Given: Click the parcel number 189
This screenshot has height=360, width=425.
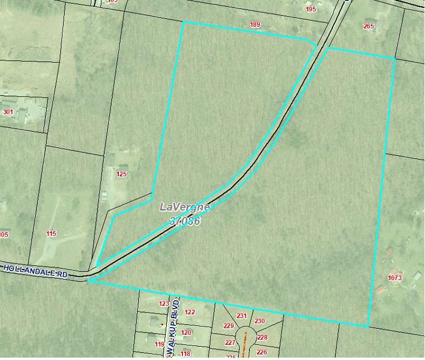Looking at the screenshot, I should (x=255, y=25).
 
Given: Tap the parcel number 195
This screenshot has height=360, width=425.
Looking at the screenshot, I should (x=311, y=9).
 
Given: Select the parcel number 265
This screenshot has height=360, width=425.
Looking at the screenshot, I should (x=369, y=26).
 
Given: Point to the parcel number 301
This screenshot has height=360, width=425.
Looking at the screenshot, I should (x=8, y=112).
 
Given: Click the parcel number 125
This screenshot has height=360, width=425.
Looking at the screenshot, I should (x=122, y=174).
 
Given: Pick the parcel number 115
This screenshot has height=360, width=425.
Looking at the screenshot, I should (x=51, y=233).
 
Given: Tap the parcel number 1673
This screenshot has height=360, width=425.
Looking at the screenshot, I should (x=394, y=277).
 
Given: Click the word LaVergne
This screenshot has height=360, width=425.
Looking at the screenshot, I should (x=185, y=207).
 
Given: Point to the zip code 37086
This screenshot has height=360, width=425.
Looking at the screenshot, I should (x=185, y=221).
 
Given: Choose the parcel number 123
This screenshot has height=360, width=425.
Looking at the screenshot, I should (x=164, y=304).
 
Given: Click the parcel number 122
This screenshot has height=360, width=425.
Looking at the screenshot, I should (x=190, y=312).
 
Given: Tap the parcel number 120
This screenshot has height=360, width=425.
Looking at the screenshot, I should (x=186, y=333).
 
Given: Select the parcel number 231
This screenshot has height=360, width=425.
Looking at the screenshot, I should (x=242, y=316).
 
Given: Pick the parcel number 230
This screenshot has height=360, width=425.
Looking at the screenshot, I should (x=259, y=321).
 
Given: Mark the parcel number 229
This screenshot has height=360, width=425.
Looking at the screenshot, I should (x=228, y=326).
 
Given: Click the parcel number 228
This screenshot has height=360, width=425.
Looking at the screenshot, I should (x=262, y=338).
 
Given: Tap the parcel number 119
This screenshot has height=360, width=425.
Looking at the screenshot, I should (x=160, y=344).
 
